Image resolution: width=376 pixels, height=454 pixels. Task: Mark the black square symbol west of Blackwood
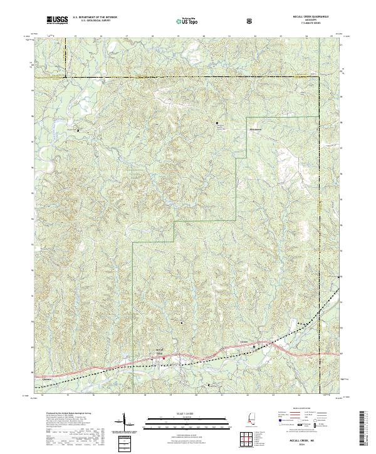coord(217,123)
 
